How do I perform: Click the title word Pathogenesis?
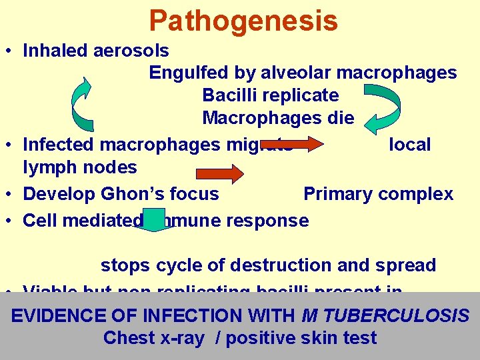point(243,21)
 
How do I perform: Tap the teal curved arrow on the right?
point(380,107)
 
